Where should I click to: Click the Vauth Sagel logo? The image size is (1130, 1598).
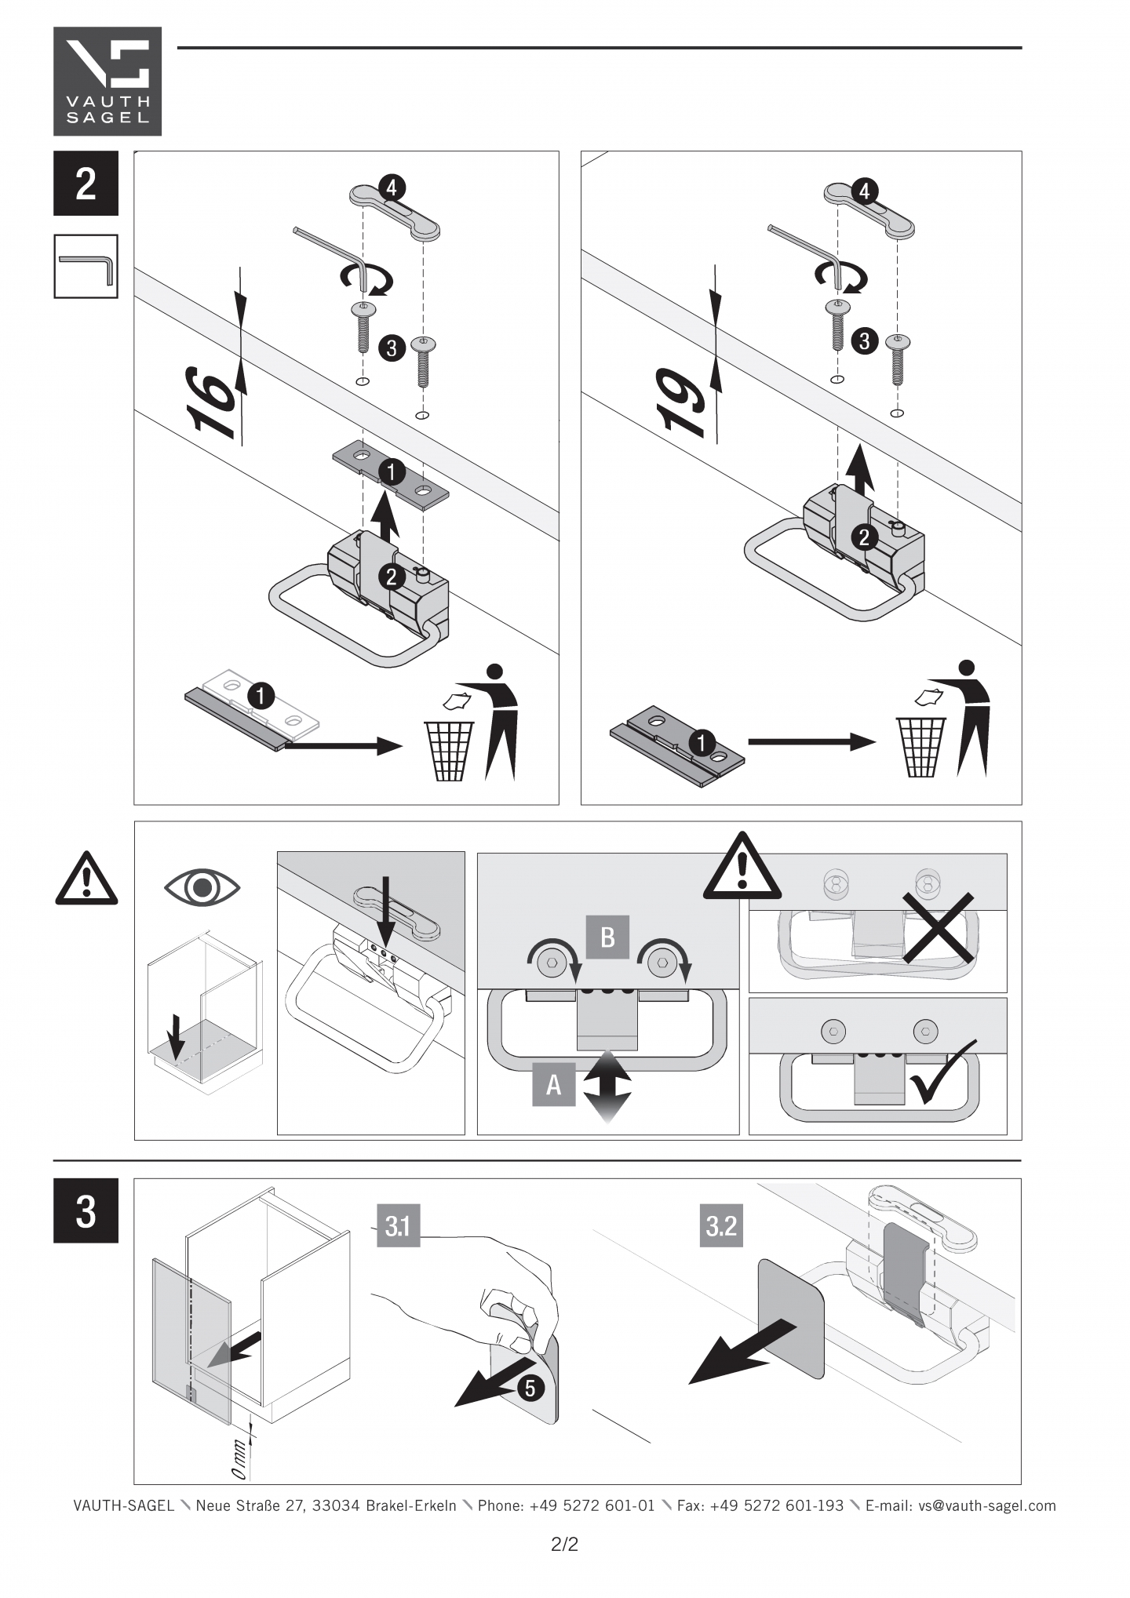tap(108, 81)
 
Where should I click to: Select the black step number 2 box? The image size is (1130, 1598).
tap(86, 184)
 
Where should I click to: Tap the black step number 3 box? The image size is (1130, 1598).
tap(86, 1210)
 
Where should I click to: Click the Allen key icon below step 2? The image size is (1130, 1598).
tap(86, 267)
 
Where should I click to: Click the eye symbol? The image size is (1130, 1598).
tap(202, 888)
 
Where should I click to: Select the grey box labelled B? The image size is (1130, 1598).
tap(607, 937)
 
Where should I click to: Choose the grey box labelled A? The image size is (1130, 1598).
tap(553, 1084)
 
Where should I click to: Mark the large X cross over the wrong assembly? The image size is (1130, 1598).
tap(938, 927)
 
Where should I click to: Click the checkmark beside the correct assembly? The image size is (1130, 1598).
tap(942, 1072)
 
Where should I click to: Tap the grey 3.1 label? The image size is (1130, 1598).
tap(398, 1225)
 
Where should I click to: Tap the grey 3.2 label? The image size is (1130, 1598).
tap(721, 1225)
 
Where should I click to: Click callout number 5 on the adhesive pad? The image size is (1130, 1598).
tap(530, 1388)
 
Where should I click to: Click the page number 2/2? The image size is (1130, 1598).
tap(564, 1545)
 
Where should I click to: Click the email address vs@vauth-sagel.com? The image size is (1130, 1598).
tap(986, 1505)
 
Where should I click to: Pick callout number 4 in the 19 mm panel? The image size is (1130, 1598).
tap(864, 191)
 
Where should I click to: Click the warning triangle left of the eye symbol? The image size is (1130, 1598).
tap(86, 879)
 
